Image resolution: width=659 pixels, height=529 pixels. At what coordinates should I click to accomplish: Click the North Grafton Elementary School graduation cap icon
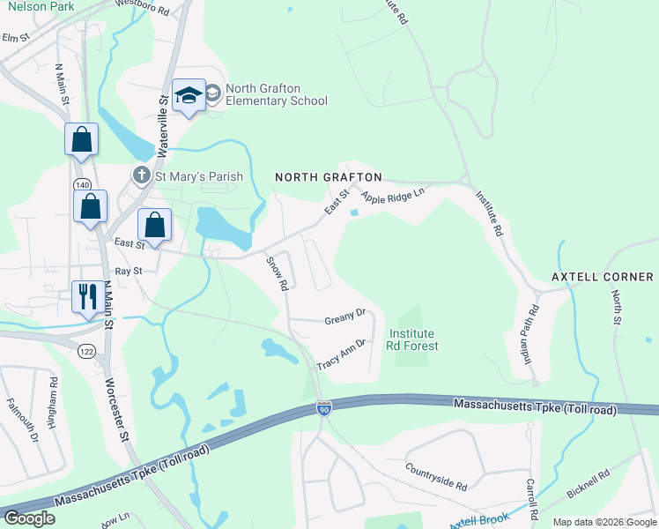click(x=189, y=94)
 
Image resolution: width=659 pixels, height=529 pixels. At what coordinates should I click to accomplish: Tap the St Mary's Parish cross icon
click(x=141, y=176)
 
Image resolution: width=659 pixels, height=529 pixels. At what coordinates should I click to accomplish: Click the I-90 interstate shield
click(x=324, y=408)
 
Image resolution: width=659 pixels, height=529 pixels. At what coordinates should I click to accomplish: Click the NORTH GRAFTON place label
click(x=328, y=177)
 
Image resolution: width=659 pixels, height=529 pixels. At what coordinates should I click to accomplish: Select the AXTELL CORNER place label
click(x=603, y=277)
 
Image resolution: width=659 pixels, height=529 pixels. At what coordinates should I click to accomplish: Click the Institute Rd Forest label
click(x=412, y=339)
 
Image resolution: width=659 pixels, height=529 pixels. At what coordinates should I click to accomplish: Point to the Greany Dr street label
click(x=344, y=315)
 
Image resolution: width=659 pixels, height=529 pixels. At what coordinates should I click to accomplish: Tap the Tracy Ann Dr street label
click(x=341, y=354)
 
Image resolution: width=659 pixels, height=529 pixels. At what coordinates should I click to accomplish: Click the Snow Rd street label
click(x=276, y=273)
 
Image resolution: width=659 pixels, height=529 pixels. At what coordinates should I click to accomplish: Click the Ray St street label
click(x=129, y=272)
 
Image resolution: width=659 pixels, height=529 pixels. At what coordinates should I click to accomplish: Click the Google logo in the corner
click(x=29, y=518)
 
